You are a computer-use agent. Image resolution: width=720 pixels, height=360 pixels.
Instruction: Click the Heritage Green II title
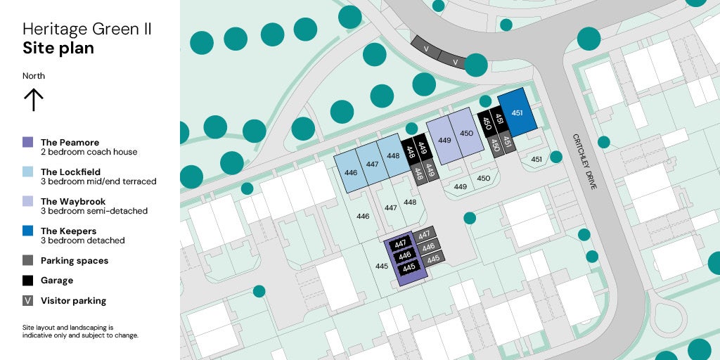86,30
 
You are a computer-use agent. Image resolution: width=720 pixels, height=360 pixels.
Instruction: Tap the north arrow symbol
34,100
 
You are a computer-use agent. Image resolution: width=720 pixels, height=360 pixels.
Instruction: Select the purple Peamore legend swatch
28,142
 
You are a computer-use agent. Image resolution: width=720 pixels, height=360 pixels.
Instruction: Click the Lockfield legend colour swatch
28,172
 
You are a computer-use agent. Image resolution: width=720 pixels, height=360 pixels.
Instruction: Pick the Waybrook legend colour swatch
28,201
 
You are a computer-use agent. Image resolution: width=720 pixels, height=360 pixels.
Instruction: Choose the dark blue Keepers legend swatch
28,231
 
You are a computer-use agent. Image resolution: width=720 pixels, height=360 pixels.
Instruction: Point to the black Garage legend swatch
28,280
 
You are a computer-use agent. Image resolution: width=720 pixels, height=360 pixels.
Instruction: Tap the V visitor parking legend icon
28,300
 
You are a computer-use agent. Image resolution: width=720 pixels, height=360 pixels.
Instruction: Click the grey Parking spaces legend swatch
28,260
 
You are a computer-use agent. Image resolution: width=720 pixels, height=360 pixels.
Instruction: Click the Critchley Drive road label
584,162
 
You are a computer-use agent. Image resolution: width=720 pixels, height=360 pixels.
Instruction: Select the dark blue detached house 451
517,112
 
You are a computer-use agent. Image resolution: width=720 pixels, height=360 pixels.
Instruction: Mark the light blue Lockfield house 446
351,172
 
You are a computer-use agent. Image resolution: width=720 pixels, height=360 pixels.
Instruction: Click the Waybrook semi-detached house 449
444,139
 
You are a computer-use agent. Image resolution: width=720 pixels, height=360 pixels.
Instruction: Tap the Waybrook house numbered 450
466,132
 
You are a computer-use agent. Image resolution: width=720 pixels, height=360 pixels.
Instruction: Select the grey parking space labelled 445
433,259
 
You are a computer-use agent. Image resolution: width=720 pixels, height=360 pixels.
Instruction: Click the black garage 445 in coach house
409,267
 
